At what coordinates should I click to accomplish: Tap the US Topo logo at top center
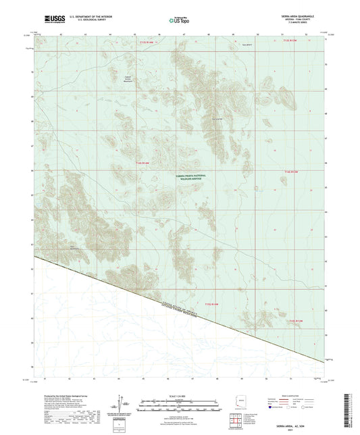point(178,21)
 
